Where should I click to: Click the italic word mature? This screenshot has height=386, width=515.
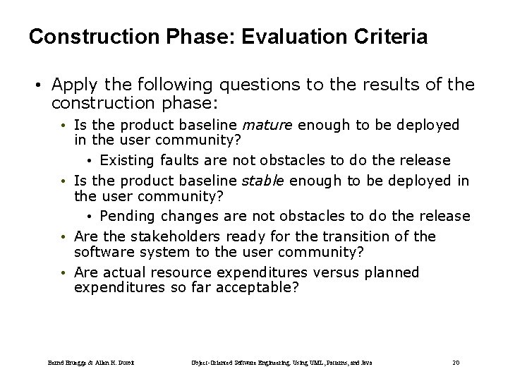tap(267, 125)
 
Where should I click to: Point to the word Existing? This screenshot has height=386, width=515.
tap(127, 160)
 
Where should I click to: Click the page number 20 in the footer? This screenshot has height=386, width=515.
tap(455, 362)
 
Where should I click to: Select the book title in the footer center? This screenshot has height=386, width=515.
tap(281, 362)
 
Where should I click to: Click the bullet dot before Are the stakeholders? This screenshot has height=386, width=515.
tap(63, 237)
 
